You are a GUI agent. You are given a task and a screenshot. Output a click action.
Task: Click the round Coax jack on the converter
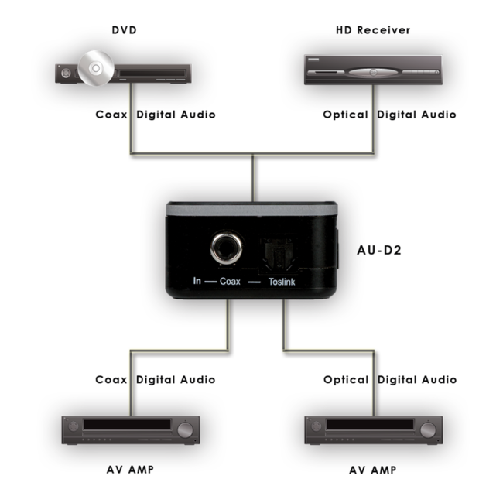pos(228,250)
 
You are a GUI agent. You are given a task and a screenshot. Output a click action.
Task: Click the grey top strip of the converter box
pos(251,208)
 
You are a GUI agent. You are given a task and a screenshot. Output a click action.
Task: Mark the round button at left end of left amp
pos(74,426)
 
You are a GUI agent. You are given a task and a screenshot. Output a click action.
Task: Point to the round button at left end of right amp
pos(317,426)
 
